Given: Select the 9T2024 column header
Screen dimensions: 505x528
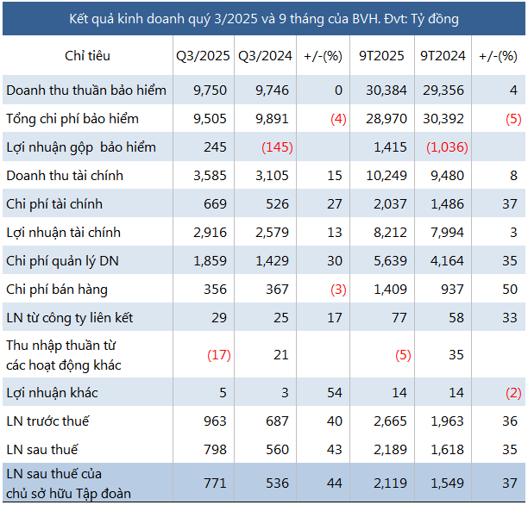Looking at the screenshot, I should [x=443, y=56].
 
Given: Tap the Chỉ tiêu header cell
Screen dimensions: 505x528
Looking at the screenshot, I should [x=87, y=56].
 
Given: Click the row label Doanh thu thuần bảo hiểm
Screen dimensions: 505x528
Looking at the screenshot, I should [x=85, y=90].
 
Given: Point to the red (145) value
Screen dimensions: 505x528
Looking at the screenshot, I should [x=279, y=147].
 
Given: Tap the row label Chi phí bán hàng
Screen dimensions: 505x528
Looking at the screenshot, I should [x=57, y=289].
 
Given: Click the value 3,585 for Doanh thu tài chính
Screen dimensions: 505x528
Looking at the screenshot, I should [x=209, y=175].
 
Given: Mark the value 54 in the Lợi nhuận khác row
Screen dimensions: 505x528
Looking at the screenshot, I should [x=335, y=393].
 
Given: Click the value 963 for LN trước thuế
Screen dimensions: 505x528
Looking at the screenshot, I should [x=214, y=421].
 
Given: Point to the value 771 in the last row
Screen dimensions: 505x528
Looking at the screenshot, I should [x=214, y=482].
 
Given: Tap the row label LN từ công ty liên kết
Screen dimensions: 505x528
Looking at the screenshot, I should [x=69, y=317].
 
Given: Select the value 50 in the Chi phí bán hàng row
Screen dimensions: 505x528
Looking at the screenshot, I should [x=510, y=289].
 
